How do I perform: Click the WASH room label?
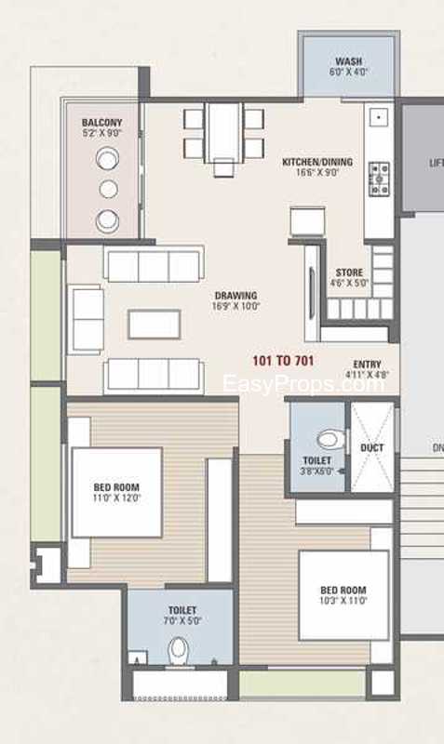tap(348, 61)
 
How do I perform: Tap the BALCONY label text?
tap(101, 123)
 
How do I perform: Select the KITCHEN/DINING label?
tap(317, 162)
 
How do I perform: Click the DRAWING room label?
tap(235, 296)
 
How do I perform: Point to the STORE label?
tap(349, 272)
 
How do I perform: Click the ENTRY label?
tap(367, 365)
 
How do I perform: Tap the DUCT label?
tap(371, 448)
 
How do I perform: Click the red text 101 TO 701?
tap(283, 361)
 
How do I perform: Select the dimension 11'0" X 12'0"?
tap(116, 498)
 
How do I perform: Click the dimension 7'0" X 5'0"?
tap(182, 620)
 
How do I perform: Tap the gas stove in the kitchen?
tap(380, 179)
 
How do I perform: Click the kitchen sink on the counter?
tap(379, 117)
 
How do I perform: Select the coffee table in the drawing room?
tap(155, 325)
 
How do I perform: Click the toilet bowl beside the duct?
tap(330, 439)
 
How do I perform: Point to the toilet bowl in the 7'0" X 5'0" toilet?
tap(179, 650)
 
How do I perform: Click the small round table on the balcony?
tap(108, 189)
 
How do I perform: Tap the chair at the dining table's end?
tap(223, 168)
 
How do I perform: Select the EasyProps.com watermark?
tap(303, 383)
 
